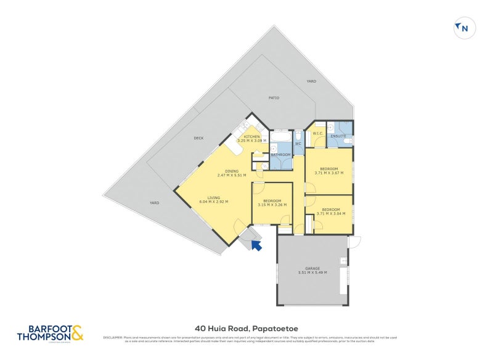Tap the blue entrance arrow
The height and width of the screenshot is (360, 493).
(x=256, y=245)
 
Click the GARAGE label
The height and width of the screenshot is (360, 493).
(x=313, y=268)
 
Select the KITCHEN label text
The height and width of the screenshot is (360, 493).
(x=252, y=136)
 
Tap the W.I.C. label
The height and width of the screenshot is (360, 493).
(x=318, y=133)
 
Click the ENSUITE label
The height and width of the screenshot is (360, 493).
(x=338, y=136)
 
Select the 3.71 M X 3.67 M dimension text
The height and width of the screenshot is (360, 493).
(x=328, y=173)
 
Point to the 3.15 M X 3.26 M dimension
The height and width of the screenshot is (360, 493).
(x=272, y=205)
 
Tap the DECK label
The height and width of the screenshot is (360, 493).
(x=198, y=138)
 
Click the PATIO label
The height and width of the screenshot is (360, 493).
(x=274, y=97)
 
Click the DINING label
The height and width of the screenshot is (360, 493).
(x=232, y=171)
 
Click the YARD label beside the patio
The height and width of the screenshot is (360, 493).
(x=311, y=81)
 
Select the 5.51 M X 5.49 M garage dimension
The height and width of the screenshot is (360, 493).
(x=313, y=272)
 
